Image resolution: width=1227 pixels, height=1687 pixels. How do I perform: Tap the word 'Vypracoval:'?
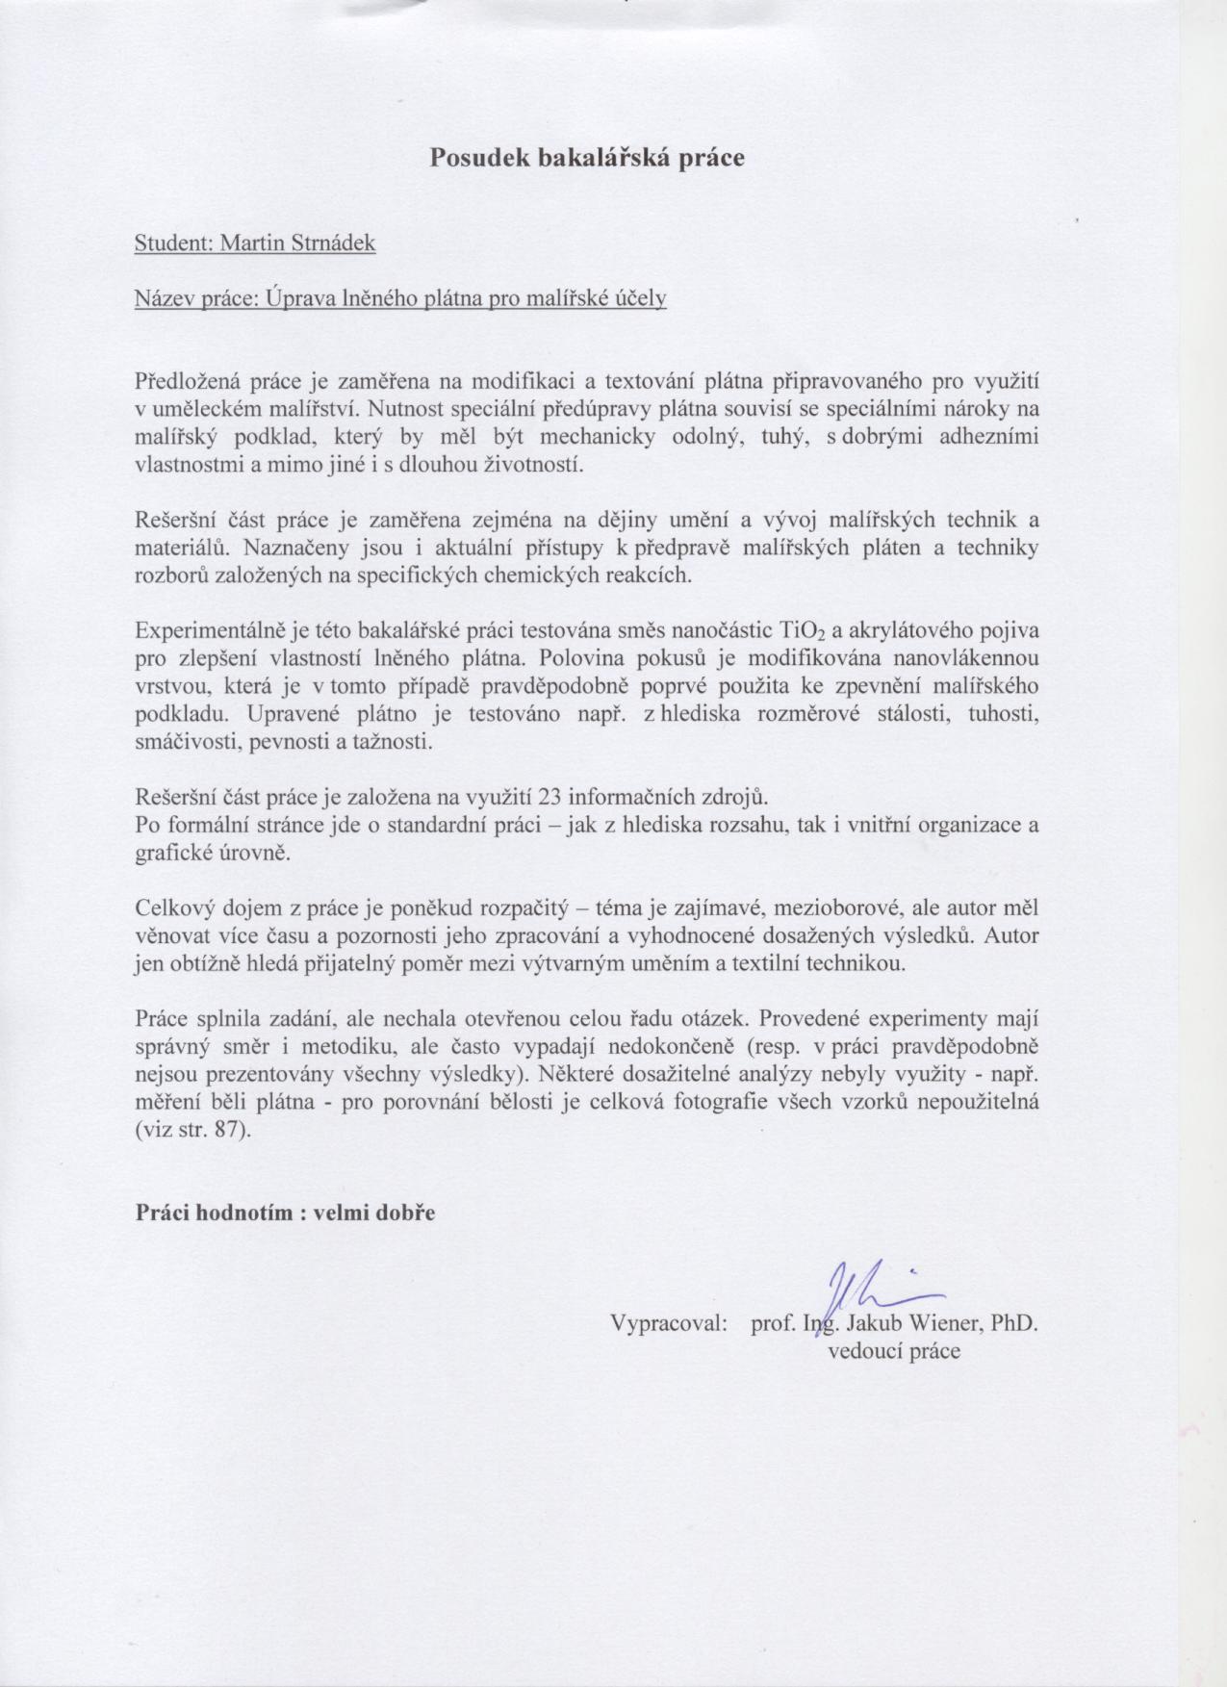pyautogui.click(x=668, y=1323)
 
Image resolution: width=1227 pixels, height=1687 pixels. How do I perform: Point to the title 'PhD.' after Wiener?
pyautogui.click(x=1014, y=1323)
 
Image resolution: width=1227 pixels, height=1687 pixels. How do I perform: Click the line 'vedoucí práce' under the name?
pyautogui.click(x=894, y=1351)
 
